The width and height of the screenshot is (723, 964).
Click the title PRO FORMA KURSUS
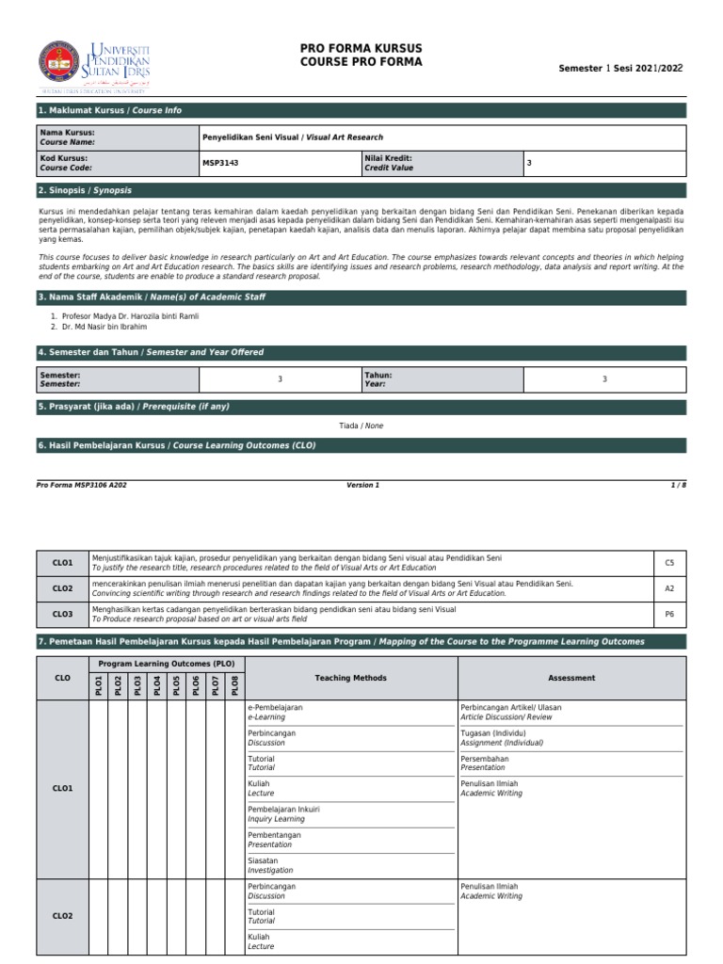[x=361, y=48]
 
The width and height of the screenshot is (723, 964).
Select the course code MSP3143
[x=220, y=163]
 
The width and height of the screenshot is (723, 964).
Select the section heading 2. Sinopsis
[x=85, y=190]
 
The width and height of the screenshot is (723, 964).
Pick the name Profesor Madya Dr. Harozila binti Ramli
[x=124, y=316]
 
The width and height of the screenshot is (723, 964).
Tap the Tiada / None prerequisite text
[x=361, y=426]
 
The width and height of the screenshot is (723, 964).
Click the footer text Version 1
[x=362, y=485]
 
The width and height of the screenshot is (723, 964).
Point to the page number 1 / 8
[x=678, y=485]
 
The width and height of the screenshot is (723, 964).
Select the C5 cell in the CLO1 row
[x=669, y=563]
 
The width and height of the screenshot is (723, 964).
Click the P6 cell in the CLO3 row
[x=669, y=614]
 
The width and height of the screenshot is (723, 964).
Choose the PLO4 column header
[x=157, y=685]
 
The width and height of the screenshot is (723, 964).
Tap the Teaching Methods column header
[x=350, y=678]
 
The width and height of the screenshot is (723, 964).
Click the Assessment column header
[x=571, y=678]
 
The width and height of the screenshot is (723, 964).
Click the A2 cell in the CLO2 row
[x=669, y=588]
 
